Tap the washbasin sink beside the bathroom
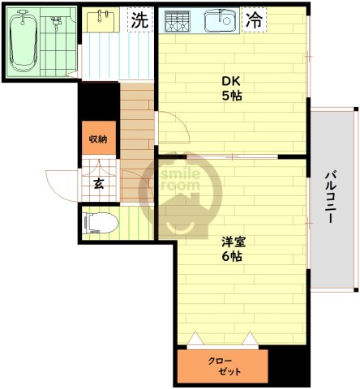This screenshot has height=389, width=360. (x=101, y=19)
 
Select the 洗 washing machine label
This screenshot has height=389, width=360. (x=140, y=21)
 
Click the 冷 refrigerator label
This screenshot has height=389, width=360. (x=254, y=20)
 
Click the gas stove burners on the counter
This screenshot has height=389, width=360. (x=178, y=20)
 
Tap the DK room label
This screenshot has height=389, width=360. (x=233, y=80)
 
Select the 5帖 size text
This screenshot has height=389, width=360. (x=233, y=95)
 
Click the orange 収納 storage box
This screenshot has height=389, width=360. (x=98, y=139)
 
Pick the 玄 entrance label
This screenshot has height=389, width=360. (x=97, y=184)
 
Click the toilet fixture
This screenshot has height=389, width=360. (x=101, y=220)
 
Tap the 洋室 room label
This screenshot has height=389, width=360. (x=233, y=242)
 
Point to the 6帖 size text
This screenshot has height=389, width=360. (x=233, y=257)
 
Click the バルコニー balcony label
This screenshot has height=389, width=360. (x=332, y=199)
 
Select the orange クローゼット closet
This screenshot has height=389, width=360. (x=221, y=365)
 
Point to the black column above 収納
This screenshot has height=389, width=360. (x=99, y=102)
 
